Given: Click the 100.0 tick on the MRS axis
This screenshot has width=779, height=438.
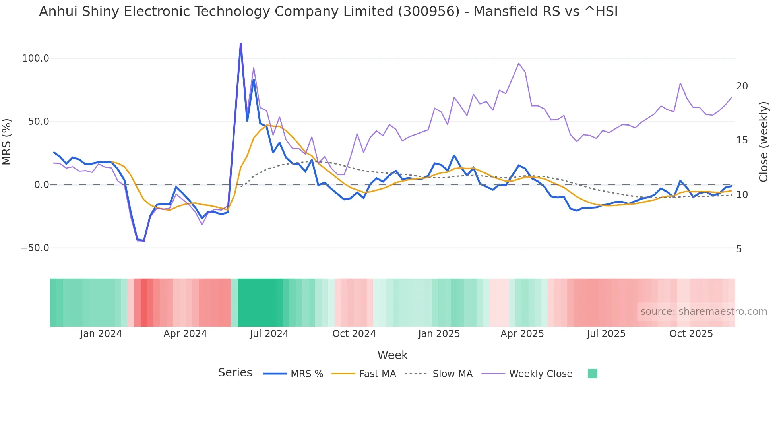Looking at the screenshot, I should (x=35, y=58).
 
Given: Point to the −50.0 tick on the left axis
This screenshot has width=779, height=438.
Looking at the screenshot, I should (x=35, y=248).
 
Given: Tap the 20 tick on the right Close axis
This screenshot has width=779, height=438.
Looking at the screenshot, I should (x=742, y=86).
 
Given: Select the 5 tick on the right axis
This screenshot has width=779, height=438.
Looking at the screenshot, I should (x=739, y=249).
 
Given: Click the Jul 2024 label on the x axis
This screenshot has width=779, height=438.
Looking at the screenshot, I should (x=269, y=334).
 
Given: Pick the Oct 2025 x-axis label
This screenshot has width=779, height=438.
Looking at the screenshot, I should (x=691, y=334).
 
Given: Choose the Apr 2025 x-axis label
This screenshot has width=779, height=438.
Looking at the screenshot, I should (x=522, y=334).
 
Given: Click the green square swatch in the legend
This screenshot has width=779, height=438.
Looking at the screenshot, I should (x=592, y=374).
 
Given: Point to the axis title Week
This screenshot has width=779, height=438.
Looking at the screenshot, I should (x=392, y=355).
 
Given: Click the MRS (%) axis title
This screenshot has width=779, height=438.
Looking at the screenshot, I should (x=7, y=142).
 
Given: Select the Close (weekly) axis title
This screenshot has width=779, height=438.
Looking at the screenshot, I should (x=763, y=142).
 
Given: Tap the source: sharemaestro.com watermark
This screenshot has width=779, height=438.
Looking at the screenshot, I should (x=703, y=312).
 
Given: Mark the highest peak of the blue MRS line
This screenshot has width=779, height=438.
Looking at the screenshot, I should (x=240, y=43).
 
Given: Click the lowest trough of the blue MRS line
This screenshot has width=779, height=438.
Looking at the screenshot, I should (x=144, y=241).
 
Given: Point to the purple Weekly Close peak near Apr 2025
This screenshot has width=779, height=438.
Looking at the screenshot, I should (x=519, y=63).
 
